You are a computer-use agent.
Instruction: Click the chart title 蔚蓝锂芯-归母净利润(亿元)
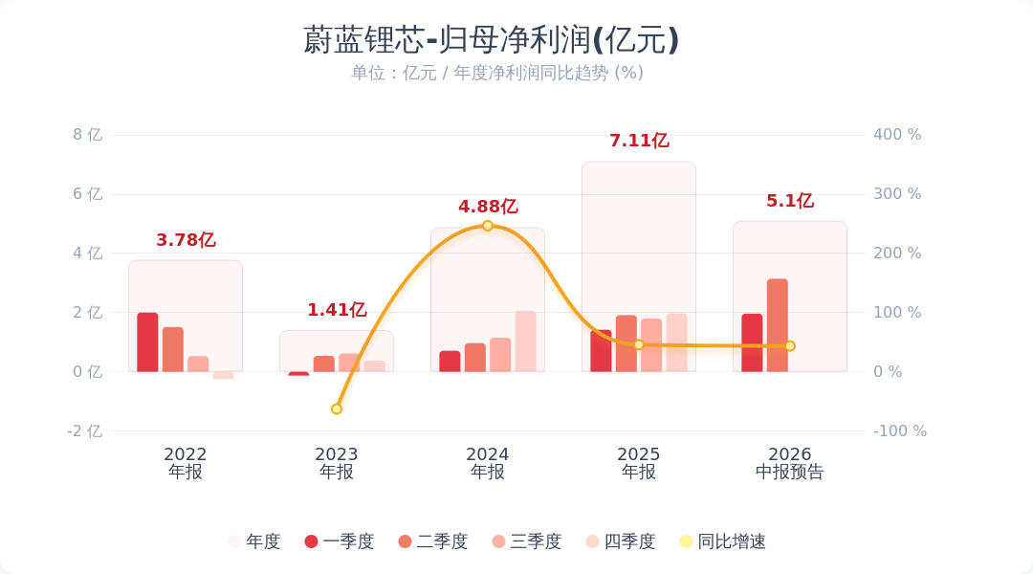click(x=491, y=39)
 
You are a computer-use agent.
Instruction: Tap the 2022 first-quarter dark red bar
click(x=147, y=342)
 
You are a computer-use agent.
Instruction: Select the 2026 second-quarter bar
click(x=778, y=325)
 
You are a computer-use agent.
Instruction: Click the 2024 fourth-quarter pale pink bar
click(x=526, y=342)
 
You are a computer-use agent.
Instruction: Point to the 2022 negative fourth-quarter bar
click(x=223, y=375)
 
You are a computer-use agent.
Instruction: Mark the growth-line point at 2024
click(x=488, y=226)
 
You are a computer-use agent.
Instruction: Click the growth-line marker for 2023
click(x=337, y=409)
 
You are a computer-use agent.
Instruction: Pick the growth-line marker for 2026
click(x=790, y=346)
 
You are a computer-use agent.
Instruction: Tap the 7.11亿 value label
click(x=639, y=141)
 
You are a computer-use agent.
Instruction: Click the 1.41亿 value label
click(x=337, y=310)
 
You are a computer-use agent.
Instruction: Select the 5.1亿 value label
click(x=790, y=200)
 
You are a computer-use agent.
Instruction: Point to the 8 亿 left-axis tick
click(x=88, y=135)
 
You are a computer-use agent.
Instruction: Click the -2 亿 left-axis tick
click(x=85, y=431)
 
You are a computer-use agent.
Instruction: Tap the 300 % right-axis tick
click(x=897, y=194)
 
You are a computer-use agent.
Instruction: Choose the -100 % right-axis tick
click(x=900, y=431)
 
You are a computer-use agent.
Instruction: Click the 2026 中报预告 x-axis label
click(x=790, y=463)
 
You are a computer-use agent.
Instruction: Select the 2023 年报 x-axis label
click(x=337, y=463)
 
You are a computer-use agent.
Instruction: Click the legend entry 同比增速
click(x=723, y=541)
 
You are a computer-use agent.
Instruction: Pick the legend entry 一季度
click(x=340, y=541)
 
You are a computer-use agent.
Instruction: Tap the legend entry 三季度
click(x=527, y=541)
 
